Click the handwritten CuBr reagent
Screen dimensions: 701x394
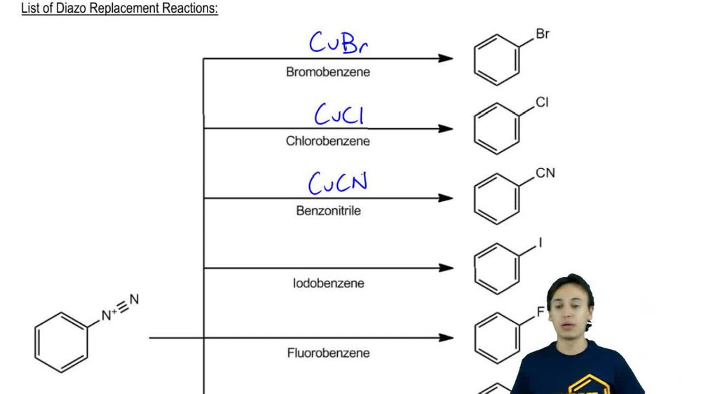[339, 43]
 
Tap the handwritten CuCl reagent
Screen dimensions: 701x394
[339, 114]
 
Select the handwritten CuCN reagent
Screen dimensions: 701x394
[338, 183]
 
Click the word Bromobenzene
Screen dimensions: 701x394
[327, 72]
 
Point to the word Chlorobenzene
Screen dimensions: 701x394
[327, 141]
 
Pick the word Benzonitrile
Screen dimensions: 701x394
[328, 210]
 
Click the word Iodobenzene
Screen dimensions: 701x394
[329, 283]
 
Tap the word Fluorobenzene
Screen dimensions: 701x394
[328, 353]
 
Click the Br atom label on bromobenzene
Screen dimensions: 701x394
[543, 34]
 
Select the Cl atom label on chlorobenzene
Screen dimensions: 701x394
[542, 102]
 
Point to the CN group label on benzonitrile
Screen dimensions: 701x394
[545, 173]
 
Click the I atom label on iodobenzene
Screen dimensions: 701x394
[540, 243]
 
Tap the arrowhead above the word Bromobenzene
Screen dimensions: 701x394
[446, 58]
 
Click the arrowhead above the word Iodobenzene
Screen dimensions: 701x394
[446, 268]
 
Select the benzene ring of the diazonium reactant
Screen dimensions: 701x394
[61, 342]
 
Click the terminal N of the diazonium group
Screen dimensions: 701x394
[134, 299]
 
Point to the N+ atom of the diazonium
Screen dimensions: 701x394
[107, 315]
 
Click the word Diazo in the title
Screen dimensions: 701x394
[71, 8]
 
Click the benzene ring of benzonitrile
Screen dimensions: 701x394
[497, 198]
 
